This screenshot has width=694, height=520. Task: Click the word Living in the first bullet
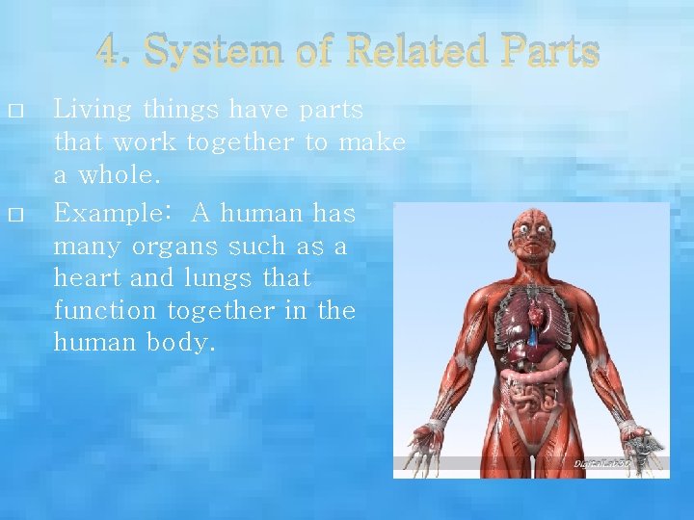point(92,111)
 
